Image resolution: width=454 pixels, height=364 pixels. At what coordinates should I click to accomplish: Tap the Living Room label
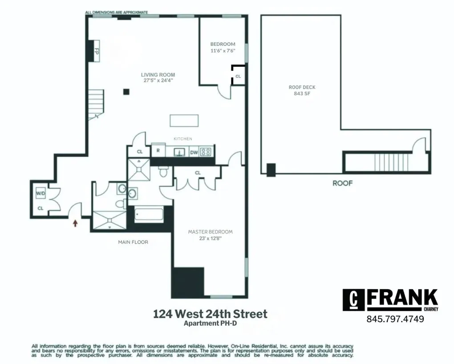pyautogui.click(x=158, y=75)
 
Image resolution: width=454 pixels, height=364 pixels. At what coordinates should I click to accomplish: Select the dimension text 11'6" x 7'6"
pyautogui.click(x=223, y=51)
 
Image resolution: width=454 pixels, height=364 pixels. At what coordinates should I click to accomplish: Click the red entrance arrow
pyautogui.click(x=75, y=222)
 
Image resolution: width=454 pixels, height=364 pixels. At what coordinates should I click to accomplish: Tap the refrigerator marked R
pyautogui.click(x=158, y=151)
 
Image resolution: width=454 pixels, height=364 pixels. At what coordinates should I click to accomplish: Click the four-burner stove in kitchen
pyautogui.click(x=206, y=151)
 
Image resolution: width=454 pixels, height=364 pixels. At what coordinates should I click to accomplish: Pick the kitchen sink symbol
pyautogui.click(x=180, y=151)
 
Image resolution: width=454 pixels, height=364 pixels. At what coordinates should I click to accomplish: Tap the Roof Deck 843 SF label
pyautogui.click(x=302, y=90)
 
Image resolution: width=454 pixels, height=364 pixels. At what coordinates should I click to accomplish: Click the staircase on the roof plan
pyautogui.click(x=385, y=163)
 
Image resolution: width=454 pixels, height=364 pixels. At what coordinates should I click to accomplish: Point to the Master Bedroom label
pyautogui.click(x=210, y=232)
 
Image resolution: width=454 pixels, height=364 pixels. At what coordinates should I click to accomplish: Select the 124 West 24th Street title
pyautogui.click(x=210, y=314)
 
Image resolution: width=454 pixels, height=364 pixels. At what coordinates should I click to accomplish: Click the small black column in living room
pyautogui.click(x=126, y=92)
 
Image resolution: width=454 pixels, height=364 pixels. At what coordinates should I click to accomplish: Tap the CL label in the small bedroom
pyautogui.click(x=238, y=76)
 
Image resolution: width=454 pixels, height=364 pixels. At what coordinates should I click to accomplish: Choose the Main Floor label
pyautogui.click(x=133, y=242)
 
